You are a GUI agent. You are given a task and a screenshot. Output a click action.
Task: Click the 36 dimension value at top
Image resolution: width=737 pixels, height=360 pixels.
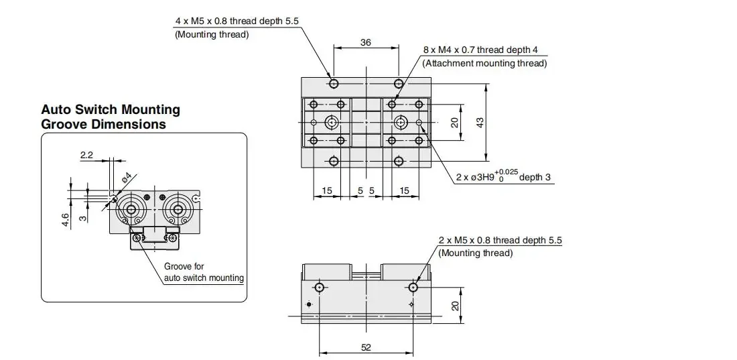tap(365, 42)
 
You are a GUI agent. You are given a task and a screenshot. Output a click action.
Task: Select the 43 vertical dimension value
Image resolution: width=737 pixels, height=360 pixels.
tap(480, 123)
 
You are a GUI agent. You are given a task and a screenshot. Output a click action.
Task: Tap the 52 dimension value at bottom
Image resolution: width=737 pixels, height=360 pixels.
tap(366, 347)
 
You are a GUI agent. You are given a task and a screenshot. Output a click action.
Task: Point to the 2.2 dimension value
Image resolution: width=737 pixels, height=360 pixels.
tap(87, 155)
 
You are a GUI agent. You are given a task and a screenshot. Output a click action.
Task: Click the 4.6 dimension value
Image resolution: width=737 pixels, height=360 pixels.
tap(66, 220)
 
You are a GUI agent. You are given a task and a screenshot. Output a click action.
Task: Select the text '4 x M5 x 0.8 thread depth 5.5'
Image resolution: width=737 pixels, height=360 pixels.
tap(237, 21)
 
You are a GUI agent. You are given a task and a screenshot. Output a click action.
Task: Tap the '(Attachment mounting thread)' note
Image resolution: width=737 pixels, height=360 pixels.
tap(484, 63)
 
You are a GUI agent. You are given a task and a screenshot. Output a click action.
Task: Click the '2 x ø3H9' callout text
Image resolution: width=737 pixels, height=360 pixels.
tap(475, 178)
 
